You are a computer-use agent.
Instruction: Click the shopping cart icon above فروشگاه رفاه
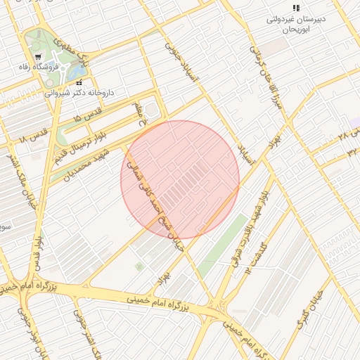pyautogui.click(x=38, y=57)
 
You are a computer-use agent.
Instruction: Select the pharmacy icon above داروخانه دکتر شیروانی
pyautogui.click(x=78, y=82)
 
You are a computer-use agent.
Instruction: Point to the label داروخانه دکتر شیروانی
pyautogui.click(x=78, y=92)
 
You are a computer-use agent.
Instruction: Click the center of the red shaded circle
pyautogui.click(x=180, y=179)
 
